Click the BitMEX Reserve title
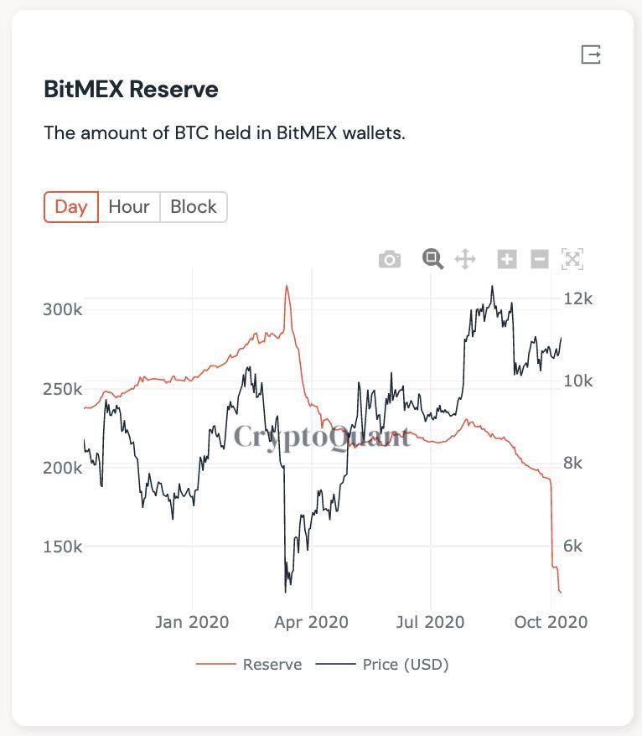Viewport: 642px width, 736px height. point(131,90)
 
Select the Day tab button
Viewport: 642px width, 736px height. point(71,207)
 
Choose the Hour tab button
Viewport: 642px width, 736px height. point(129,207)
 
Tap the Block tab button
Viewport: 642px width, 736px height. point(194,207)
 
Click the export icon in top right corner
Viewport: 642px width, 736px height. point(591,54)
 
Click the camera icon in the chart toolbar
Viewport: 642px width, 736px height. point(390,259)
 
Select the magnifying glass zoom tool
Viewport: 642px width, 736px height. point(432,259)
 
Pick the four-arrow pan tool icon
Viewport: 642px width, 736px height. point(465,259)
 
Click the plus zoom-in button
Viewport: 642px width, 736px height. point(507,259)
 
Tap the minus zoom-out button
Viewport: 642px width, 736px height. point(540,259)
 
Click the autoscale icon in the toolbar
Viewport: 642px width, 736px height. point(572,259)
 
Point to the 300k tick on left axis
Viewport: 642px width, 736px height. point(63,309)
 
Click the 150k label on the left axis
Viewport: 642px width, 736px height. point(63,547)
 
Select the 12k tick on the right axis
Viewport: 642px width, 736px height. point(577,298)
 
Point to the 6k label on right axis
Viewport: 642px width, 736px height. point(577,547)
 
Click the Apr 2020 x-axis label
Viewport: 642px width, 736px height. point(311,622)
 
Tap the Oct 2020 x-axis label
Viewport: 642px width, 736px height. point(551,622)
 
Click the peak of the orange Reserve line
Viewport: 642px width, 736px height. point(287,286)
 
